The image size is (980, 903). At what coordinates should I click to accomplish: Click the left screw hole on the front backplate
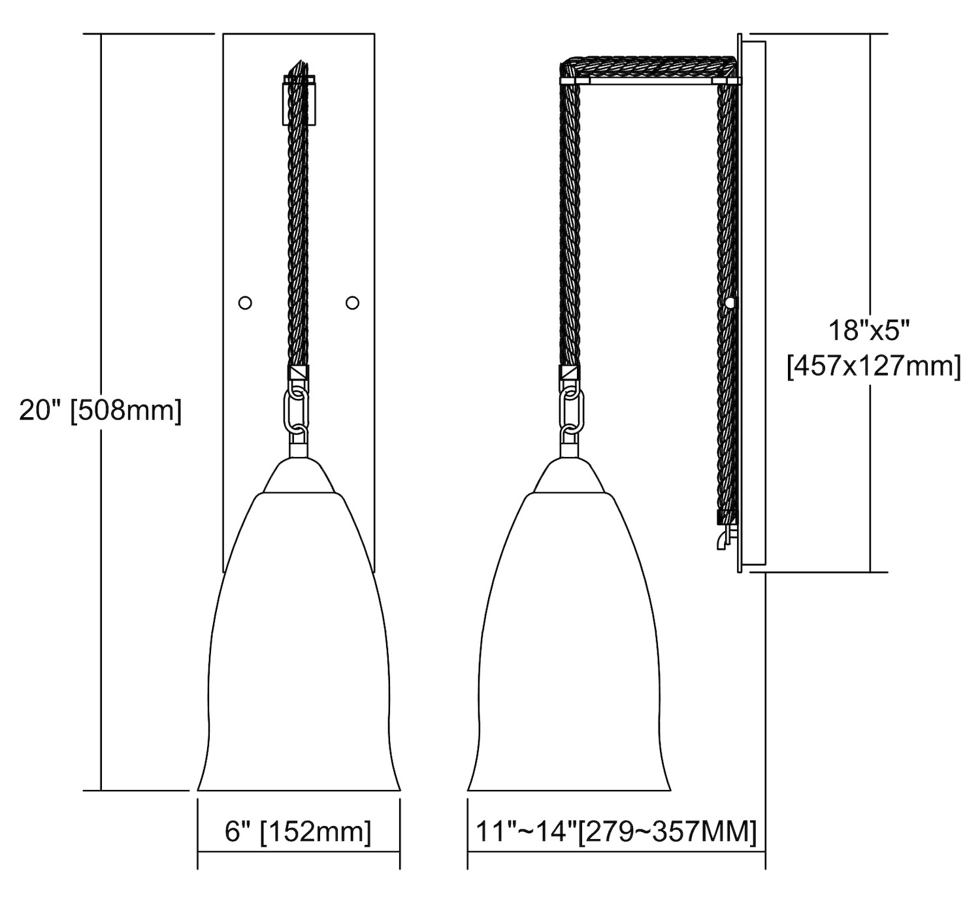tap(245, 302)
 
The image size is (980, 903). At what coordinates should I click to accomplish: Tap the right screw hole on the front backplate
tap(352, 302)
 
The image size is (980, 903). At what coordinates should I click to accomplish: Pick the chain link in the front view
tap(296, 409)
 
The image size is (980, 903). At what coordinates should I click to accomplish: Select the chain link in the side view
tap(572, 409)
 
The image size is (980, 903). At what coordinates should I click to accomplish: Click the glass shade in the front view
tap(299, 641)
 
